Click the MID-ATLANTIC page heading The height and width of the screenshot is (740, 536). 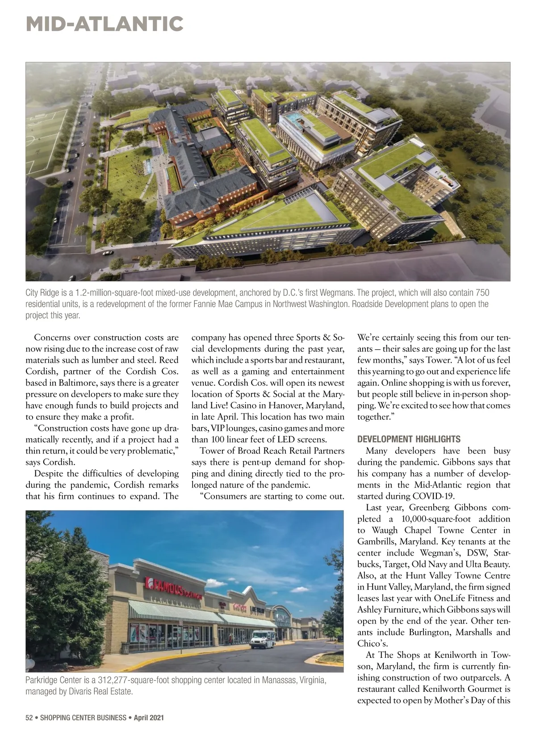[x=105, y=24]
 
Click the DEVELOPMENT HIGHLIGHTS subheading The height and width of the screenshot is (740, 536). [x=409, y=439]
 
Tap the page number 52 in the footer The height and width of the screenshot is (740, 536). [x=29, y=718]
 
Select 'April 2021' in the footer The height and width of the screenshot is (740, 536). [x=149, y=718]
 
